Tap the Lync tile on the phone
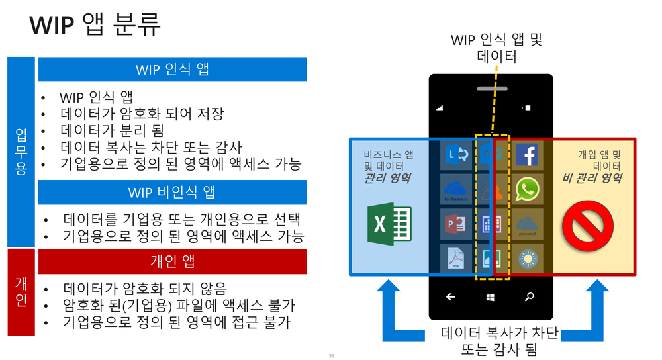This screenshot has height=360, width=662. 457,155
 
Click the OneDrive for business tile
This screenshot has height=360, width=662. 457,190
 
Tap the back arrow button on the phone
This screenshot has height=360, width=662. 451,297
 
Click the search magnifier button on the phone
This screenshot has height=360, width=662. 529,297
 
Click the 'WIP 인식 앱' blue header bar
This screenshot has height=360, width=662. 172,69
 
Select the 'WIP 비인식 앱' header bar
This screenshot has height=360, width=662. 172,192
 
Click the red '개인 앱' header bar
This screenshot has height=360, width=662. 172,261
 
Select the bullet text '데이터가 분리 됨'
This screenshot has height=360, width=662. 111,130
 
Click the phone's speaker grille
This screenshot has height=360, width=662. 491,87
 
